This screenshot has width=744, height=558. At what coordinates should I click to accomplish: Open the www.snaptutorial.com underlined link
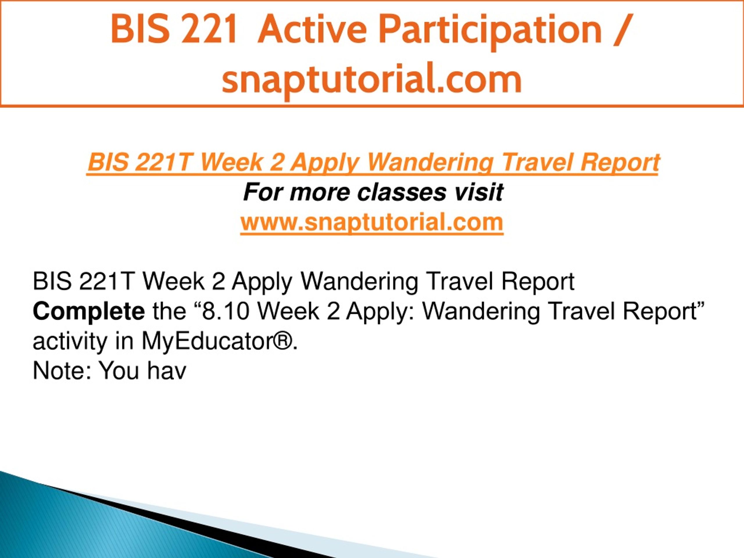pyautogui.click(x=372, y=223)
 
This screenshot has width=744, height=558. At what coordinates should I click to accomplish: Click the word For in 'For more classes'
pyautogui.click(x=263, y=192)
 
